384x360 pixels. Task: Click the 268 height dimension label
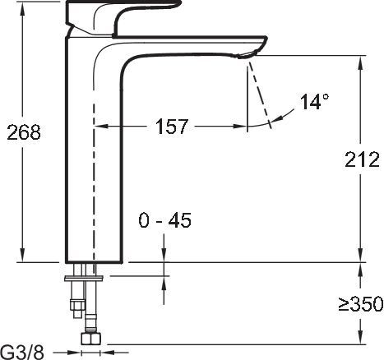24,132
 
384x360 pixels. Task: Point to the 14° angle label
314,102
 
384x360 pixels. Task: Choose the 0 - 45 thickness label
164,220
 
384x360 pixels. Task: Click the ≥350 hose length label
359,304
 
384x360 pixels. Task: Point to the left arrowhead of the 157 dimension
101,127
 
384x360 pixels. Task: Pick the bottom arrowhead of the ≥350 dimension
359,339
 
